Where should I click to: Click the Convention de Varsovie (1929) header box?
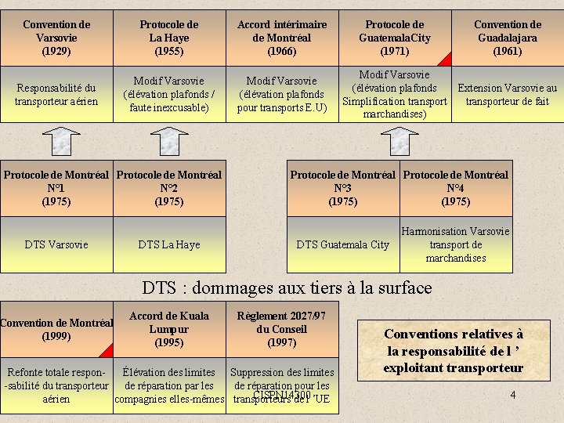56,38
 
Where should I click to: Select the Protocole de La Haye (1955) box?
169,38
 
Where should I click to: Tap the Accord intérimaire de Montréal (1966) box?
282,38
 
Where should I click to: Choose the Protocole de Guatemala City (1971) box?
395,38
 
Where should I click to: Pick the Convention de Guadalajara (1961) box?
508,38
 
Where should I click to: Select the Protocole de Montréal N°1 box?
56,188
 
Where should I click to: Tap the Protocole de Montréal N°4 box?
456,188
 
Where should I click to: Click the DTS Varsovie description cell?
56,244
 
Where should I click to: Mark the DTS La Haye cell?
169,244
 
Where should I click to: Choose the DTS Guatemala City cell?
343,244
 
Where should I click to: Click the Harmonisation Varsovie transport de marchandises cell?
456,244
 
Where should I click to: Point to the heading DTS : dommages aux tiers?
287,287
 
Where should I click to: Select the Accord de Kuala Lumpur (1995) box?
169,329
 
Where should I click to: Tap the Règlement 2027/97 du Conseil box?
282,329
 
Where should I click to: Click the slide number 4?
513,395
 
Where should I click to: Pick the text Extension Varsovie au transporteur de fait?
508,94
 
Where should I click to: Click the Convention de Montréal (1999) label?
56,330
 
